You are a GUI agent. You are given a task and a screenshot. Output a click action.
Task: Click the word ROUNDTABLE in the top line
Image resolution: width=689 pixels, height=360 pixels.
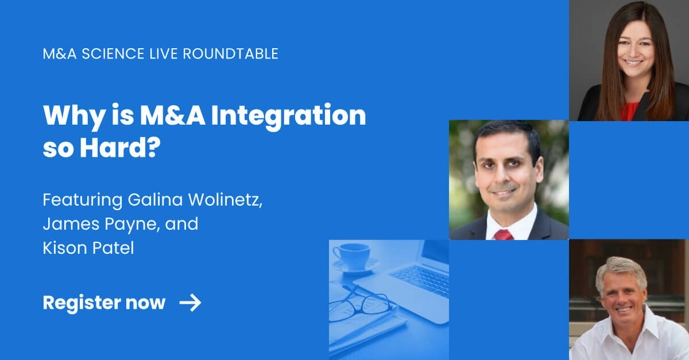tap(231, 54)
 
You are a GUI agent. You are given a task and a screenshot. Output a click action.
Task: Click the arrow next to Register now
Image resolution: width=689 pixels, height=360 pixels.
tap(190, 303)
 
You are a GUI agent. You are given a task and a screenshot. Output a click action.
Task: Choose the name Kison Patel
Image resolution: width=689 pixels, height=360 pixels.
tap(88, 249)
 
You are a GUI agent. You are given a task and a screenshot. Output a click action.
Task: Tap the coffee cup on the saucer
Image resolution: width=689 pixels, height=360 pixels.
tap(351, 254)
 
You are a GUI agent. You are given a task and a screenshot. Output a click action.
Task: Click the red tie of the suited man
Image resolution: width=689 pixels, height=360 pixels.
tap(504, 234)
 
